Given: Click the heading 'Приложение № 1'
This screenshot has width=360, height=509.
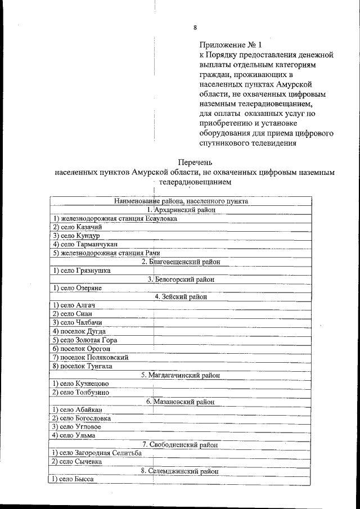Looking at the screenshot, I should (231, 44).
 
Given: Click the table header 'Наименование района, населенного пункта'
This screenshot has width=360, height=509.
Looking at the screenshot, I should (181, 201).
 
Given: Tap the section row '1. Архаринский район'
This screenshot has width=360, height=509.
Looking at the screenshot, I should (181, 210).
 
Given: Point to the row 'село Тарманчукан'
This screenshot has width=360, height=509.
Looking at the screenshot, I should (85, 244).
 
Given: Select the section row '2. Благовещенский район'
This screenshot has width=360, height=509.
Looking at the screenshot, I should (181, 262).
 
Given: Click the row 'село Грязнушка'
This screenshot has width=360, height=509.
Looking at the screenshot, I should (81, 270).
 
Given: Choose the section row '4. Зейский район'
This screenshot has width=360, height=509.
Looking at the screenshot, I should (181, 296).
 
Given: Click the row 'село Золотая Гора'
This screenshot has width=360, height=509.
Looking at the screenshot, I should (85, 340).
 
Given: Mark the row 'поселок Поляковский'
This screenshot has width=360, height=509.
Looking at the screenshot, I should (90, 357).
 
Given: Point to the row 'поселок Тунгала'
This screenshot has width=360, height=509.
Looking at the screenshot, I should (82, 366).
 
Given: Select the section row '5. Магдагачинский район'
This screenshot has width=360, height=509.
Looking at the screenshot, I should (181, 375).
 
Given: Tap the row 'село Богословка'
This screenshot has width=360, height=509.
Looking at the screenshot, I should (81, 418).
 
